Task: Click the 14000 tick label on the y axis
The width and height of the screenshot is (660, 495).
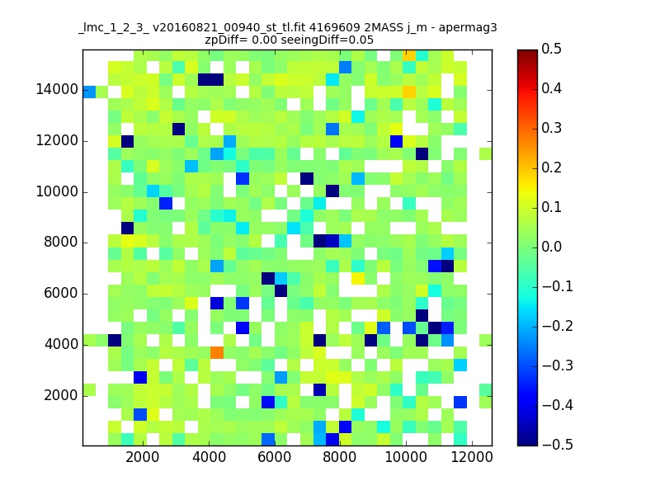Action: click(x=57, y=90)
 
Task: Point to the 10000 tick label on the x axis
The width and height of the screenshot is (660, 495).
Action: click(x=405, y=457)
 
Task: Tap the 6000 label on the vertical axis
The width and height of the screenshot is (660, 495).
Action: click(x=60, y=294)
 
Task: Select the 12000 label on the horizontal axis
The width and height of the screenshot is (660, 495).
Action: click(x=471, y=457)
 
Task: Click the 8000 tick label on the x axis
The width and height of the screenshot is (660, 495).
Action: click(x=339, y=457)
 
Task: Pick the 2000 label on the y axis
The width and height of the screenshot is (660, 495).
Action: click(x=60, y=395)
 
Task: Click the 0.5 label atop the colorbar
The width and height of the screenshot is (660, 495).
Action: click(x=551, y=49)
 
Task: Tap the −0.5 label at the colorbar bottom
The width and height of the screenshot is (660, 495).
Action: click(x=558, y=445)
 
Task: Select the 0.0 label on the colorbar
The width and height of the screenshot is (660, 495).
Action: click(x=551, y=247)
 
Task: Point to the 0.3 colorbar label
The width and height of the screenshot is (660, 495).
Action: click(x=551, y=128)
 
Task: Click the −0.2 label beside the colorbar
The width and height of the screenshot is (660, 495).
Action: click(x=558, y=326)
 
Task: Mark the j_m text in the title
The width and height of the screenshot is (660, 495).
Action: click(x=417, y=29)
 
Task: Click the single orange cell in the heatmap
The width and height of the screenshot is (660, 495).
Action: click(x=217, y=352)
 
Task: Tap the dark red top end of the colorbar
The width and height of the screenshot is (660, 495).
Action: click(x=527, y=52)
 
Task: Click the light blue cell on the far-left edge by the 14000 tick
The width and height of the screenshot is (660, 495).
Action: click(x=89, y=92)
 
